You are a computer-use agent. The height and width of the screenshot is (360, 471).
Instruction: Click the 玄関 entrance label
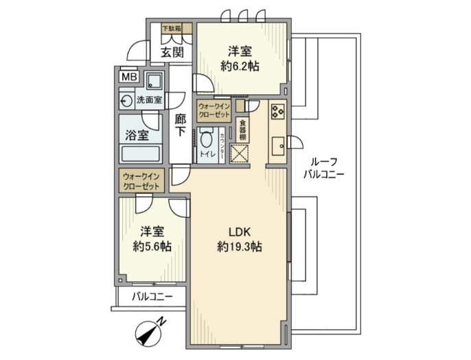pos(172,52)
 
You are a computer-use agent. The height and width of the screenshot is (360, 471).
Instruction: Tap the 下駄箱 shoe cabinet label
pos(172,29)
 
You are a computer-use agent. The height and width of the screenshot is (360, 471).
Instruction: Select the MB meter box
pos(128,76)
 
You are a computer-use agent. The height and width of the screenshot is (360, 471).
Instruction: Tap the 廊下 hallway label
pos(180,124)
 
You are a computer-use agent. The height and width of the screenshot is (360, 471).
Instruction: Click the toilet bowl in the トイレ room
pos(206,139)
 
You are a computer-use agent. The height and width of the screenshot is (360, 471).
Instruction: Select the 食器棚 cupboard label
pos(243,130)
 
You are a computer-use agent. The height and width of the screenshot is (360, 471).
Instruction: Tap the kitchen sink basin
pos(278,147)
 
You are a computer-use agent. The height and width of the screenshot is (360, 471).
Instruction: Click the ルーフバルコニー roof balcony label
pos(323,168)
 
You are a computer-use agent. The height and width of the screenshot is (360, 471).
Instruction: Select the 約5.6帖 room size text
pos(152,247)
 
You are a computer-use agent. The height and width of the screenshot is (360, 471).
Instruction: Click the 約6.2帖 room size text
pos(239,66)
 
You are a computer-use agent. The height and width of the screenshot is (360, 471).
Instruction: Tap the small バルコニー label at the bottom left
pos(152,297)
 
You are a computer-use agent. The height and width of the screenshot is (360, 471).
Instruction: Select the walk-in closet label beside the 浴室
pos(142,181)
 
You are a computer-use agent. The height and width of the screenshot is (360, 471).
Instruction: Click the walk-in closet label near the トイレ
pos(214,111)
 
